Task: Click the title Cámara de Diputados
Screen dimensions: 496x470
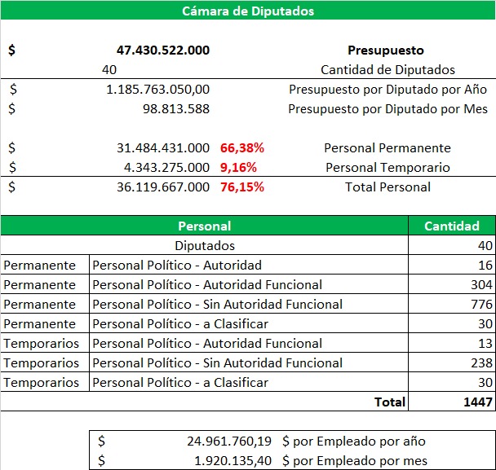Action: tap(248, 11)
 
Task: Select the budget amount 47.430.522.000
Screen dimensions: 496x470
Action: tap(163, 50)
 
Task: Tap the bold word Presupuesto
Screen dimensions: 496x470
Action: tap(386, 51)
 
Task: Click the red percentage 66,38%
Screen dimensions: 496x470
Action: tap(242, 147)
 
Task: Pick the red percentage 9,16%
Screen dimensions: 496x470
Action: tap(238, 168)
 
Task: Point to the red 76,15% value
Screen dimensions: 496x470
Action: tap(242, 187)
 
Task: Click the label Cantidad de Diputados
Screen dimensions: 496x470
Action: tap(387, 70)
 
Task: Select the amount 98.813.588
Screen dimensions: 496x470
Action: tap(176, 109)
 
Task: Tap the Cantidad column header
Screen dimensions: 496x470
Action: tap(452, 226)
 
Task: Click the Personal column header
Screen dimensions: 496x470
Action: tap(204, 226)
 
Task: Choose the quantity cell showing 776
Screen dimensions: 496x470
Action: tap(481, 304)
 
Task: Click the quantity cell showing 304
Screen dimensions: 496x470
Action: tap(481, 284)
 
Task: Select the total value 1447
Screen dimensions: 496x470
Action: tap(478, 402)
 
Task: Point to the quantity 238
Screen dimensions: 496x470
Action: tap(481, 363)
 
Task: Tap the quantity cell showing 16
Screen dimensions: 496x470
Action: tap(485, 265)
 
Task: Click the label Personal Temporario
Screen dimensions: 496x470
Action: tap(387, 168)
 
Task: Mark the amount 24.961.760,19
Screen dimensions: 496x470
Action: tap(229, 441)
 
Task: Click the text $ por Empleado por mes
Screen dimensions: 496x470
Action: tap(355, 461)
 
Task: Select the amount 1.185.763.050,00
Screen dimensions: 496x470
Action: tap(157, 90)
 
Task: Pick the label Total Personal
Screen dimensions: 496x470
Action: tap(387, 187)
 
